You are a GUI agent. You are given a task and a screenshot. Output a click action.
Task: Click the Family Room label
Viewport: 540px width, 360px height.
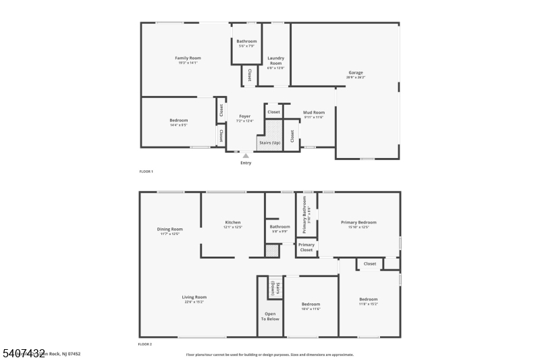coord(188,58)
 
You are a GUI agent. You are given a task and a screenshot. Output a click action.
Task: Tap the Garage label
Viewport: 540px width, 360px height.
coord(356,72)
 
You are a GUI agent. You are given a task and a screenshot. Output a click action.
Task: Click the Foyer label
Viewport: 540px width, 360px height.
coord(244,116)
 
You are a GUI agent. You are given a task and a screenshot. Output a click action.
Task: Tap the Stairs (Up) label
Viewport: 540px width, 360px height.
coord(269,143)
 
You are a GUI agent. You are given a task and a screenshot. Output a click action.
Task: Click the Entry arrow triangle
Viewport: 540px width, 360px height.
coord(246,155)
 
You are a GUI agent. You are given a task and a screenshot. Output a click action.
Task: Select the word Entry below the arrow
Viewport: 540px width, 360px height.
coord(246,163)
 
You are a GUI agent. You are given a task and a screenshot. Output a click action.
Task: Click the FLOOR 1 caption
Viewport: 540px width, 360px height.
coord(146,172)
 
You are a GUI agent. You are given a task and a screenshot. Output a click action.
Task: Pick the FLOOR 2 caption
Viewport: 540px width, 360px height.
coord(146,344)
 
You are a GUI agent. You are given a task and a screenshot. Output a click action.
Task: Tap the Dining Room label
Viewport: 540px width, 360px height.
coord(170,229)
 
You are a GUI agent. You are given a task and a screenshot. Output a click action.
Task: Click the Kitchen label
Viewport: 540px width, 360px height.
coord(233,222)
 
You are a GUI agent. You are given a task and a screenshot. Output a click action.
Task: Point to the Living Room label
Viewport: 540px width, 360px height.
coord(194,297)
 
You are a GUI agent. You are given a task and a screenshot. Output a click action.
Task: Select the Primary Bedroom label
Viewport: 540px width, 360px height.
coord(358,222)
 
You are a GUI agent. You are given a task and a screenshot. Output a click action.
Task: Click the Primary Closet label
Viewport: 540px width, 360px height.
coord(306,247)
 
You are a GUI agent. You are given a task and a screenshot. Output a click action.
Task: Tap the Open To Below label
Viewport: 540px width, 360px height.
coord(270,316)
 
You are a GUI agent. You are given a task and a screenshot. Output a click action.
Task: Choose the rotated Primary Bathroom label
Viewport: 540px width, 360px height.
coord(304,213)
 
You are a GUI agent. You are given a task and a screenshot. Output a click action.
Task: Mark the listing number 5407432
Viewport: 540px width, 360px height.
coord(23,353)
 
